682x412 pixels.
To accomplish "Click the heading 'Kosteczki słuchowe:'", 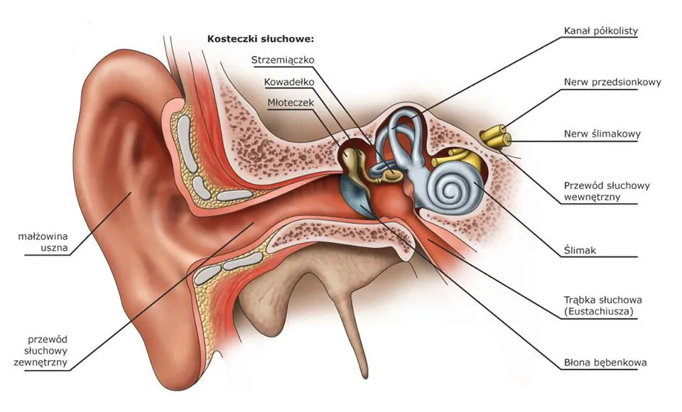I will pyautogui.click(x=260, y=38).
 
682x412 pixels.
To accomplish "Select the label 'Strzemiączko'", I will pyautogui.click(x=283, y=60).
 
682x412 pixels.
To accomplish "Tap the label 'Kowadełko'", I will pyautogui.click(x=289, y=82).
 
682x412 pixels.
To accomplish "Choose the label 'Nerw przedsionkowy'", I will pyautogui.click(x=612, y=82).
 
